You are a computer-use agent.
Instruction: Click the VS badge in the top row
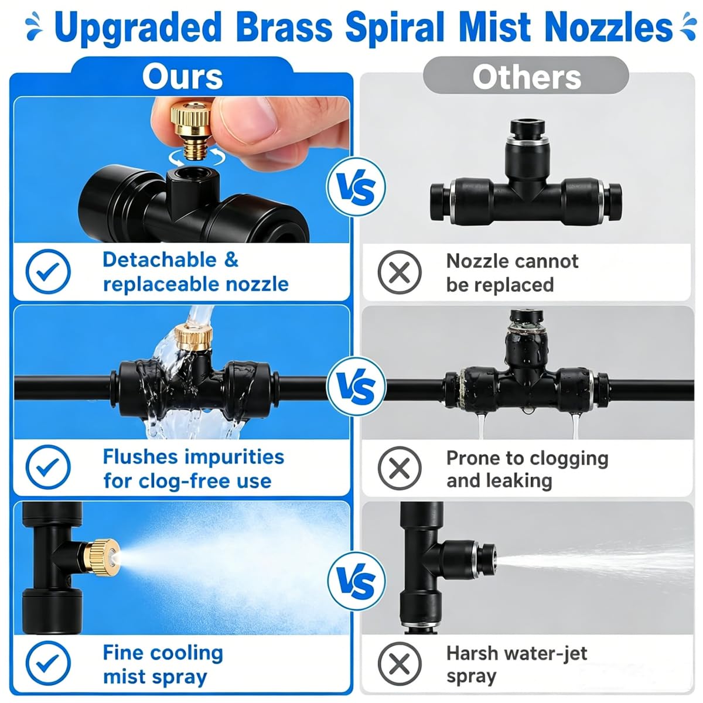tap(356, 187)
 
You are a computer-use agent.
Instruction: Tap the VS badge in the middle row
tap(356, 387)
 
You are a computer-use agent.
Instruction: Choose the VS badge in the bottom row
tap(356, 582)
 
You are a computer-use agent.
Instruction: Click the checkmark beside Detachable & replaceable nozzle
tap(48, 271)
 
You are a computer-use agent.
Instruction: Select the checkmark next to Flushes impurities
tap(48, 467)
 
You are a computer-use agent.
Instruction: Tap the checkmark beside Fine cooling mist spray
tap(48, 663)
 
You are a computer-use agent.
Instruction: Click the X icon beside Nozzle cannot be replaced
tap(400, 272)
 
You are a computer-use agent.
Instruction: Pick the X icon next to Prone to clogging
tap(400, 468)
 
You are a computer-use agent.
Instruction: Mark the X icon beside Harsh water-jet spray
tap(400, 664)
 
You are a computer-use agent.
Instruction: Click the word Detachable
tap(160, 260)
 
